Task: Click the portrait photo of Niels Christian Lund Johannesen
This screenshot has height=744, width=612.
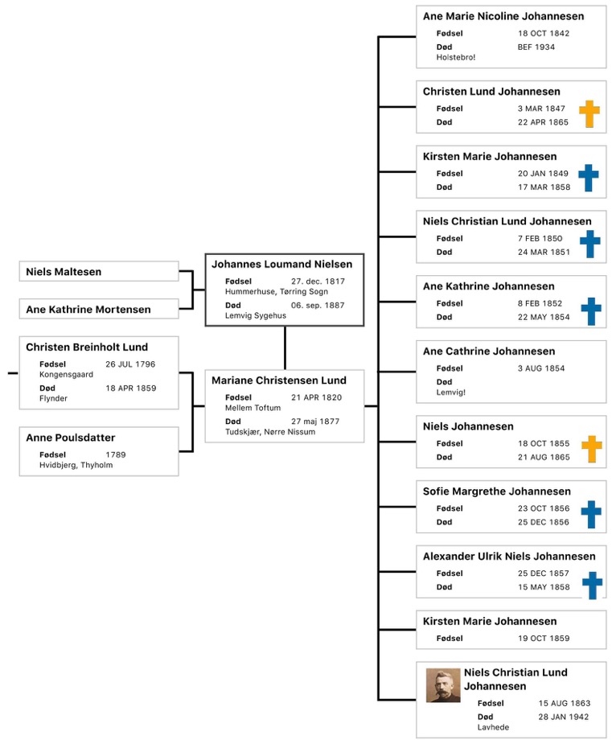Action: click(442, 684)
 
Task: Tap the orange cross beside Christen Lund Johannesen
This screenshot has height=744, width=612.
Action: click(589, 114)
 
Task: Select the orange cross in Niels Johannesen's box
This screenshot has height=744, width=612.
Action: click(592, 449)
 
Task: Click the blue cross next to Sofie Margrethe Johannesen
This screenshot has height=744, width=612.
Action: click(591, 514)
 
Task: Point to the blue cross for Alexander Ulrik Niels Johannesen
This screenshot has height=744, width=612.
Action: click(592, 586)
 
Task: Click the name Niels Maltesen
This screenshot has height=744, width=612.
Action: click(64, 272)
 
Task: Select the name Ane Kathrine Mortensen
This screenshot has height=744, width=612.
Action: click(88, 310)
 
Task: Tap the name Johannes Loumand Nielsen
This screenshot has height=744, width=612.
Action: click(281, 265)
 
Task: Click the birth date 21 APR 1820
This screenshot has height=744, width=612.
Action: click(316, 397)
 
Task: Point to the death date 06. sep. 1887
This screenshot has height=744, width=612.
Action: click(318, 306)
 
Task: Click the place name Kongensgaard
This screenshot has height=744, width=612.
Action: click(66, 375)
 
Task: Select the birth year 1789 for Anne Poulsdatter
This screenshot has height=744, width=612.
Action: click(116, 455)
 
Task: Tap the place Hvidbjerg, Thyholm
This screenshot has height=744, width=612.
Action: click(76, 466)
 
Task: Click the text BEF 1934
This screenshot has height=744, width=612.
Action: click(536, 47)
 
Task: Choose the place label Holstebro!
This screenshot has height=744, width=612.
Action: click(455, 57)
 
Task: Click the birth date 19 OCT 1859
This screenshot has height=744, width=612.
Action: click(544, 639)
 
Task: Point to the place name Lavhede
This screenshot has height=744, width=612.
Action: click(493, 727)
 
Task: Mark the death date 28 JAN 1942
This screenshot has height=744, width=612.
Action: click(564, 717)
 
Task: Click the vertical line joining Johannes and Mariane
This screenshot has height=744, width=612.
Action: click(285, 347)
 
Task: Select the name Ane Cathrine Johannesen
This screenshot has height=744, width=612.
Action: click(489, 351)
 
